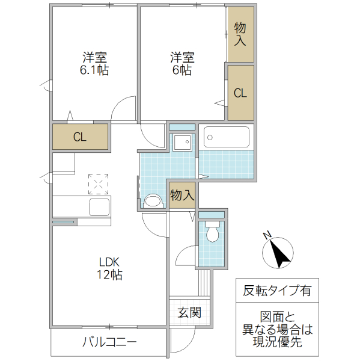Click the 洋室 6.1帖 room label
click(95, 64)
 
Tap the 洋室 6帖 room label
click(182, 64)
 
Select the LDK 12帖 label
click(111, 268)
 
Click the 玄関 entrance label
click(189, 313)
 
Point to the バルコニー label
click(109, 343)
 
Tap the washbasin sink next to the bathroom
click(182, 144)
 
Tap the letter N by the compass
click(269, 235)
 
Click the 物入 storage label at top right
click(240, 34)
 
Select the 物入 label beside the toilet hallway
click(182, 196)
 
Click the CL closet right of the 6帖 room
click(240, 93)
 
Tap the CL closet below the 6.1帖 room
click(80, 137)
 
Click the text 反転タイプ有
click(277, 291)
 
